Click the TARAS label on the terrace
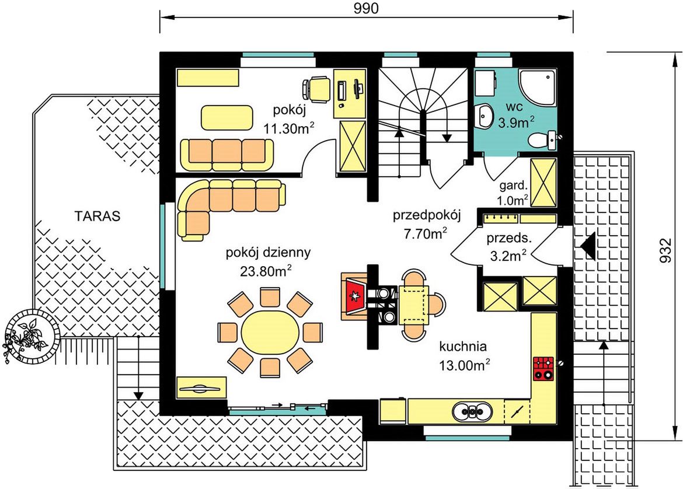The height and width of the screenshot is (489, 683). pos(97,216)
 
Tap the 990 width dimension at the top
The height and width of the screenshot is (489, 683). pos(365,8)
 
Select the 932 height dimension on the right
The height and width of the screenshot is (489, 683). pos(665,251)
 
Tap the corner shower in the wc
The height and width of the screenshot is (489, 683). pos(537,87)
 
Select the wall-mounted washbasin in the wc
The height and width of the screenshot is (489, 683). pos(483,116)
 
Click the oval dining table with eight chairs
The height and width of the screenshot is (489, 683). pos(270,332)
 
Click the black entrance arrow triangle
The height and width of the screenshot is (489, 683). pos(588,246)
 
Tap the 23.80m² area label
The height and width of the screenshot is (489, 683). pos(265,271)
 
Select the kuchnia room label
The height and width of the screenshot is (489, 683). pos(462,347)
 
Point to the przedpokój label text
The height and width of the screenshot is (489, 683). pos(426,215)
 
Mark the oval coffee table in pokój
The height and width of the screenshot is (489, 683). pos(226,117)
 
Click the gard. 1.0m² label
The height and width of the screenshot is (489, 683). pos(513,193)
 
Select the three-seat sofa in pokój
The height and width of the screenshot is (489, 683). pos(227,155)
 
